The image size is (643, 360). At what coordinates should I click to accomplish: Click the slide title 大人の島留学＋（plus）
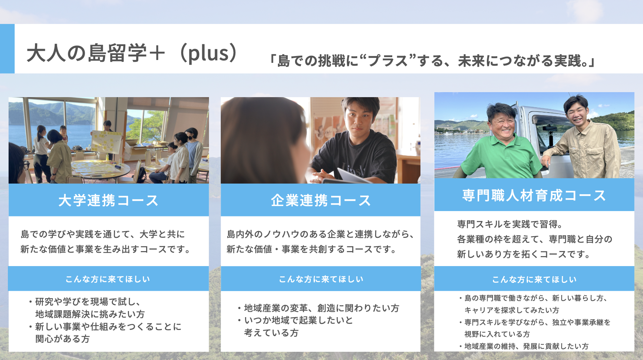click(132, 53)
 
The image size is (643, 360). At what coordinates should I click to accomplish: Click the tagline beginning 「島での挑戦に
click(432, 61)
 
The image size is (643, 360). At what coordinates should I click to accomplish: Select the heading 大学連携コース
click(108, 200)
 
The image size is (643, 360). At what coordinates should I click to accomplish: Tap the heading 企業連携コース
click(320, 200)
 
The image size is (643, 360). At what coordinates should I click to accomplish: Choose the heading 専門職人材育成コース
click(534, 195)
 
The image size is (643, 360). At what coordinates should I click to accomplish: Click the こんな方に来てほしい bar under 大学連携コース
click(108, 279)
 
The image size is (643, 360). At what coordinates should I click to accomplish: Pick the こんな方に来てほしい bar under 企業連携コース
click(320, 279)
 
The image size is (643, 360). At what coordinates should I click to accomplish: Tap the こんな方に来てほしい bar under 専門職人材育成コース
click(534, 279)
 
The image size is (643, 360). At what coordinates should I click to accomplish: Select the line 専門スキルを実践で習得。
click(510, 224)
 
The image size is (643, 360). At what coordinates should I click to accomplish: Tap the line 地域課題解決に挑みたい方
click(90, 314)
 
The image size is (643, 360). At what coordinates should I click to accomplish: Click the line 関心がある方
click(63, 339)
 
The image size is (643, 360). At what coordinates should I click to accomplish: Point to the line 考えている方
click(271, 333)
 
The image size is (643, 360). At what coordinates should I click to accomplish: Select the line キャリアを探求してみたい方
click(512, 310)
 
